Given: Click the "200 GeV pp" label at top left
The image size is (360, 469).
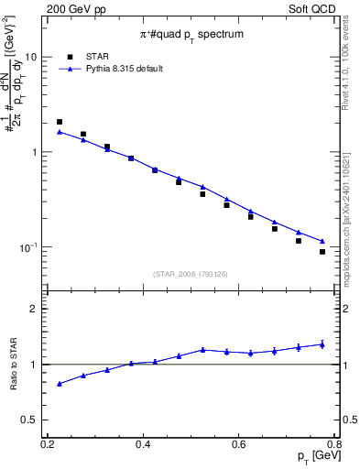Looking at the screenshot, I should tap(71, 8).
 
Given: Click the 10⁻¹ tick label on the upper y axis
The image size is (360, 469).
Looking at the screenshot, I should tap(29, 247).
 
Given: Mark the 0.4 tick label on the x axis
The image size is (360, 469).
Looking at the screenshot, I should tap(143, 444).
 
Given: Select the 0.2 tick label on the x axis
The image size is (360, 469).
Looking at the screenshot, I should tap(48, 444).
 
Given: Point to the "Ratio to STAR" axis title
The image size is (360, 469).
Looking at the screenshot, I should tap(13, 365).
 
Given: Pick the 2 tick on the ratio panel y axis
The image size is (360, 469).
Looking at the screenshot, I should tap(35, 309).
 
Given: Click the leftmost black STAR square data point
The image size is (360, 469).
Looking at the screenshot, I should tap(60, 122).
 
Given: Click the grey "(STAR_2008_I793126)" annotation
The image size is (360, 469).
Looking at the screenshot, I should tap(191, 273).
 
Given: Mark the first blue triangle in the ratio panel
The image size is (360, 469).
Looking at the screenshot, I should tap(60, 384).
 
